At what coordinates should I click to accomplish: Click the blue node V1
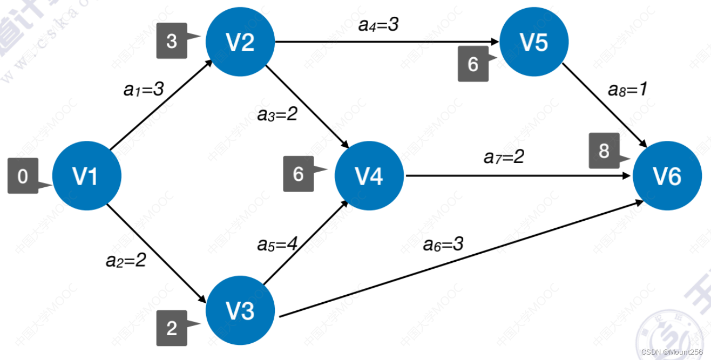pos(86,176)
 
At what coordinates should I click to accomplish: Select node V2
pos(240,42)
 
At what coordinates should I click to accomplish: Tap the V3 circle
pos(240,311)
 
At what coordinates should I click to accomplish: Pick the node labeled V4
pos(369,176)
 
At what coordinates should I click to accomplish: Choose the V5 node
pos(534,42)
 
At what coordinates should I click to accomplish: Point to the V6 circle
pos(667,176)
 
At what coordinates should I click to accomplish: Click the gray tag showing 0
pos(23,176)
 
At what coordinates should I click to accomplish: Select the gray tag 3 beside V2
pos(172,40)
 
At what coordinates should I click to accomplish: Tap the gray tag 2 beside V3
pos(172,328)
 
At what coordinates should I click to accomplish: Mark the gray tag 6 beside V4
pos(299,174)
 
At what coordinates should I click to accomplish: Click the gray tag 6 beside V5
pos(473,64)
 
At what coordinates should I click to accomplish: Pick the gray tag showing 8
pos(604,151)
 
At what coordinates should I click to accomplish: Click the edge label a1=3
pos(144,90)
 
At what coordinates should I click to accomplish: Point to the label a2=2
pos(126,261)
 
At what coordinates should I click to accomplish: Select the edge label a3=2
pos(277,114)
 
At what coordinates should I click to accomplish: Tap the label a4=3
pos(378,24)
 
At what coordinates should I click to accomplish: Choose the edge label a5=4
pos(277,244)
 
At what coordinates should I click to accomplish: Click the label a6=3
pos(443,244)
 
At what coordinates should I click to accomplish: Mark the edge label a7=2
pos(504,157)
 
